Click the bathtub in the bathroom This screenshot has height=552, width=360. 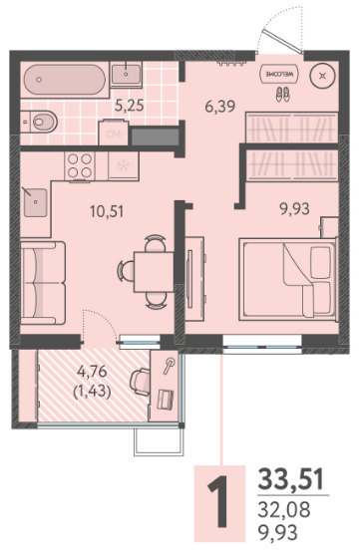tap(65, 80)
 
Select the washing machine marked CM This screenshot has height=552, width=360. tap(114, 133)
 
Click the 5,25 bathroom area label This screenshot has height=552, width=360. tap(130, 106)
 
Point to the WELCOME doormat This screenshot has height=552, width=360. tap(279, 75)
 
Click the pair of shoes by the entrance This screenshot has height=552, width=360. tap(282, 95)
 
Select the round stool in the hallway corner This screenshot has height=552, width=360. tap(322, 76)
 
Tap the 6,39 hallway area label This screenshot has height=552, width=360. tap(220, 106)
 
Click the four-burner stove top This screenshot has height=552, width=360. tap(80, 166)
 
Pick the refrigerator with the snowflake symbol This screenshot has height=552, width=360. tap(124, 165)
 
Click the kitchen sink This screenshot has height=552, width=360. tap(35, 202)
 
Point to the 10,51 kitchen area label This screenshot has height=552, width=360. tap(107, 211)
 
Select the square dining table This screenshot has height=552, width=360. tap(154, 271)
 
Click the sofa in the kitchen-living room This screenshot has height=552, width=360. tap(43, 283)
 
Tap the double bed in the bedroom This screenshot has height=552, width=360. tap(288, 279)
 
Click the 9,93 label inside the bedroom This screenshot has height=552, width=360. tap(295, 209)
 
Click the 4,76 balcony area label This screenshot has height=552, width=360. tap(92, 371)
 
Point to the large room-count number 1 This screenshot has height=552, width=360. tap(218, 502)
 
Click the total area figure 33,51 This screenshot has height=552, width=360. tap(290, 479)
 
